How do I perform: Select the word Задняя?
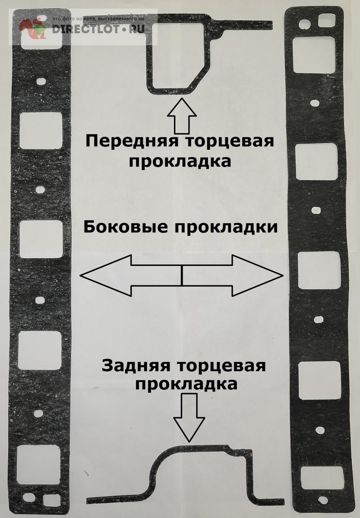click(x=136, y=436)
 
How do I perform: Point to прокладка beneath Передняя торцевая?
click(x=180, y=161)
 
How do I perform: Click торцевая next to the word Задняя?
click(x=222, y=436)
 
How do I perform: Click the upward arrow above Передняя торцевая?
click(x=182, y=116)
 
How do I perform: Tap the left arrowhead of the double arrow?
click(x=105, y=275)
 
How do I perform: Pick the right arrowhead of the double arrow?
click(x=257, y=275)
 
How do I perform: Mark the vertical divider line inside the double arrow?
click(x=182, y=275)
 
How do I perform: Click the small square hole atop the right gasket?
click(x=326, y=21)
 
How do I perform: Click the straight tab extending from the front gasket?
click(x=246, y=25)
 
